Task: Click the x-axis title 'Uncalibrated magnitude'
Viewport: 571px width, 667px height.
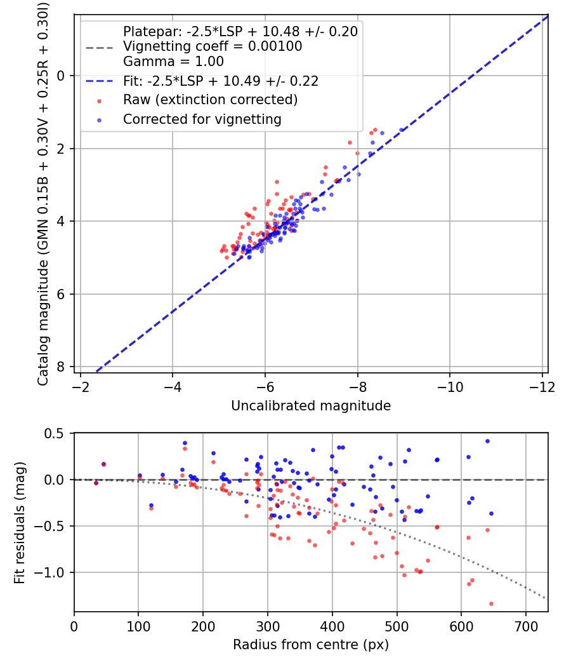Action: [x=310, y=405]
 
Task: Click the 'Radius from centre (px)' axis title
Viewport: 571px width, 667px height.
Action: [x=310, y=645]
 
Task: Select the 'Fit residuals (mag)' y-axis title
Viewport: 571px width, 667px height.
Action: [x=20, y=522]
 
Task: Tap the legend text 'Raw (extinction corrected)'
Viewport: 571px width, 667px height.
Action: [x=210, y=100]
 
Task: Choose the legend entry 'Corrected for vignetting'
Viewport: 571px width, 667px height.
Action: [x=202, y=119]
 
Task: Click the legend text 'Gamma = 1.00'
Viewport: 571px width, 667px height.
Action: [x=173, y=62]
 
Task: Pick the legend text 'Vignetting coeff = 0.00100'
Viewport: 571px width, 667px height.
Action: [x=213, y=46]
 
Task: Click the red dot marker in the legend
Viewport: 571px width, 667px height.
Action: [x=98, y=100]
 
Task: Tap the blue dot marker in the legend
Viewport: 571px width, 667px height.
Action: [x=98, y=119]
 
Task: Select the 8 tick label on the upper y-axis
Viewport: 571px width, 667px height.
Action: [x=61, y=367]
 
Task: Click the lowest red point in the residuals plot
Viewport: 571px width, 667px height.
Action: [x=491, y=603]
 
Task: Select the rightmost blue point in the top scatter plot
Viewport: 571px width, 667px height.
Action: [x=401, y=130]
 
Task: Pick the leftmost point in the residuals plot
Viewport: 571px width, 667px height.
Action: [x=96, y=483]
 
